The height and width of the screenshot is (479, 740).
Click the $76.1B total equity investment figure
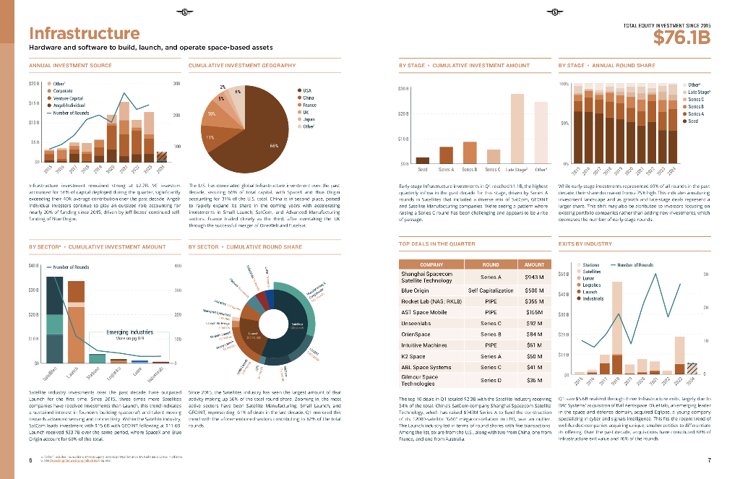(x=681, y=38)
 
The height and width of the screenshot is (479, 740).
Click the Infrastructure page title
(x=84, y=33)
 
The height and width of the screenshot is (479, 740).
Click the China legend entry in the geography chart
(x=307, y=98)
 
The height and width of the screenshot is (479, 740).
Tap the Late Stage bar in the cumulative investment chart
(x=517, y=128)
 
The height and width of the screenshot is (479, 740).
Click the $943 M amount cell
(x=534, y=277)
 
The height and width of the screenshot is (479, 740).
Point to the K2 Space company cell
(x=413, y=356)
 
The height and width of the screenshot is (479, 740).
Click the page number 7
(x=710, y=460)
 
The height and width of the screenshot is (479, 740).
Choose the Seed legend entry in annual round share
(x=692, y=121)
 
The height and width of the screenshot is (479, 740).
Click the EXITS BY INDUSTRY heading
(x=585, y=244)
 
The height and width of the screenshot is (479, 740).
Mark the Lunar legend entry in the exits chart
(x=588, y=278)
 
